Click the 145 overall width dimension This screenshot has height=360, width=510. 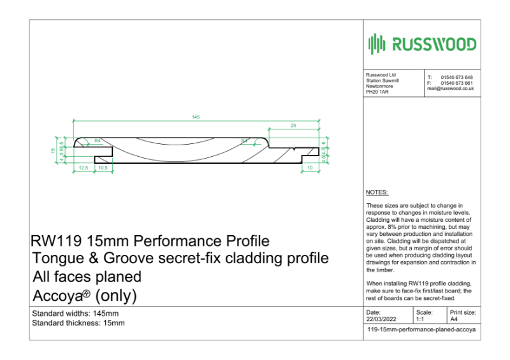[x=196, y=117]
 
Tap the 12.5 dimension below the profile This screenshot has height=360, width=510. [x=83, y=168]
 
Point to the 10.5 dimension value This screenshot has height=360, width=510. [x=103, y=168]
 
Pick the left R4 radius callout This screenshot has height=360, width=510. [x=98, y=140]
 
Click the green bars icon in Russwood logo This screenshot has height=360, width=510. [x=377, y=44]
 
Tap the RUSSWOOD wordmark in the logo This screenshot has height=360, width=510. [x=433, y=44]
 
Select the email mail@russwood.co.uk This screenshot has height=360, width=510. [x=450, y=89]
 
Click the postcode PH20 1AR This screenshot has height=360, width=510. [x=377, y=92]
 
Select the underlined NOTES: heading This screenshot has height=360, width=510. [x=377, y=192]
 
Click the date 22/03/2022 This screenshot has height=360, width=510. [x=381, y=319]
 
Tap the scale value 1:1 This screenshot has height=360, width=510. [x=420, y=319]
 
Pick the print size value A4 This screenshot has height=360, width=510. [x=454, y=319]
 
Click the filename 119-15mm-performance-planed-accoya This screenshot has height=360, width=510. [x=422, y=331]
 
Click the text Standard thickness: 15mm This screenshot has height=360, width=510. [x=78, y=323]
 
